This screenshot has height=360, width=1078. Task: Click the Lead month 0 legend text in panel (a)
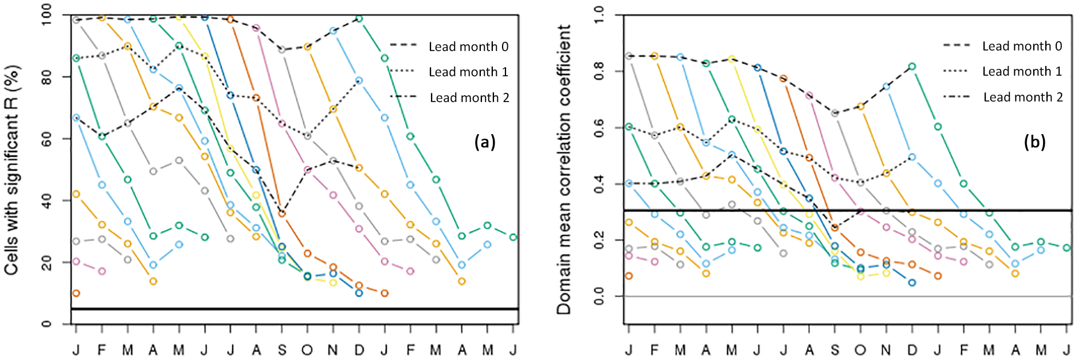click(x=468, y=47)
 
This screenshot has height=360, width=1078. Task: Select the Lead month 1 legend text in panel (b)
click(x=1022, y=72)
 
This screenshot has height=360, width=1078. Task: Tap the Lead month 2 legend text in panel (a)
click(x=469, y=98)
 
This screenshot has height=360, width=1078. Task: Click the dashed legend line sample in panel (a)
click(x=402, y=45)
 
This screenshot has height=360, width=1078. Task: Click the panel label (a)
click(x=484, y=142)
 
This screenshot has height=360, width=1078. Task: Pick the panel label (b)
click(x=1034, y=142)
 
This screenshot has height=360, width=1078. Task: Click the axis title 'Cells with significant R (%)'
click(x=13, y=170)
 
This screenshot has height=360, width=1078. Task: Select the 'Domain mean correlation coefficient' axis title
click(x=565, y=170)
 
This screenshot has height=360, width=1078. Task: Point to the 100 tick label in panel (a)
click(x=46, y=14)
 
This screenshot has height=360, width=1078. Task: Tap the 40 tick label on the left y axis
click(x=46, y=201)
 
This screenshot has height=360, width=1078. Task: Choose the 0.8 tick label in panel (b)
click(x=599, y=72)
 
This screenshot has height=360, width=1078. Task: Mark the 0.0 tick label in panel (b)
click(x=599, y=296)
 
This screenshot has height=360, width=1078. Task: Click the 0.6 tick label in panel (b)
click(x=599, y=128)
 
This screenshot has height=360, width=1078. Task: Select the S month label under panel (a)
click(x=282, y=350)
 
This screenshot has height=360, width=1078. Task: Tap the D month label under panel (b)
click(x=912, y=350)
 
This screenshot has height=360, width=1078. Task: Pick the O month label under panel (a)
click(x=308, y=350)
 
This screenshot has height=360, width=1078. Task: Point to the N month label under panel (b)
click(x=887, y=350)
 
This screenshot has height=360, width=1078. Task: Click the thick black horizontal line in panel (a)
click(x=287, y=309)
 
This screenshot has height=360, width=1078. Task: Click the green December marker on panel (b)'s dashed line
click(x=912, y=66)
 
